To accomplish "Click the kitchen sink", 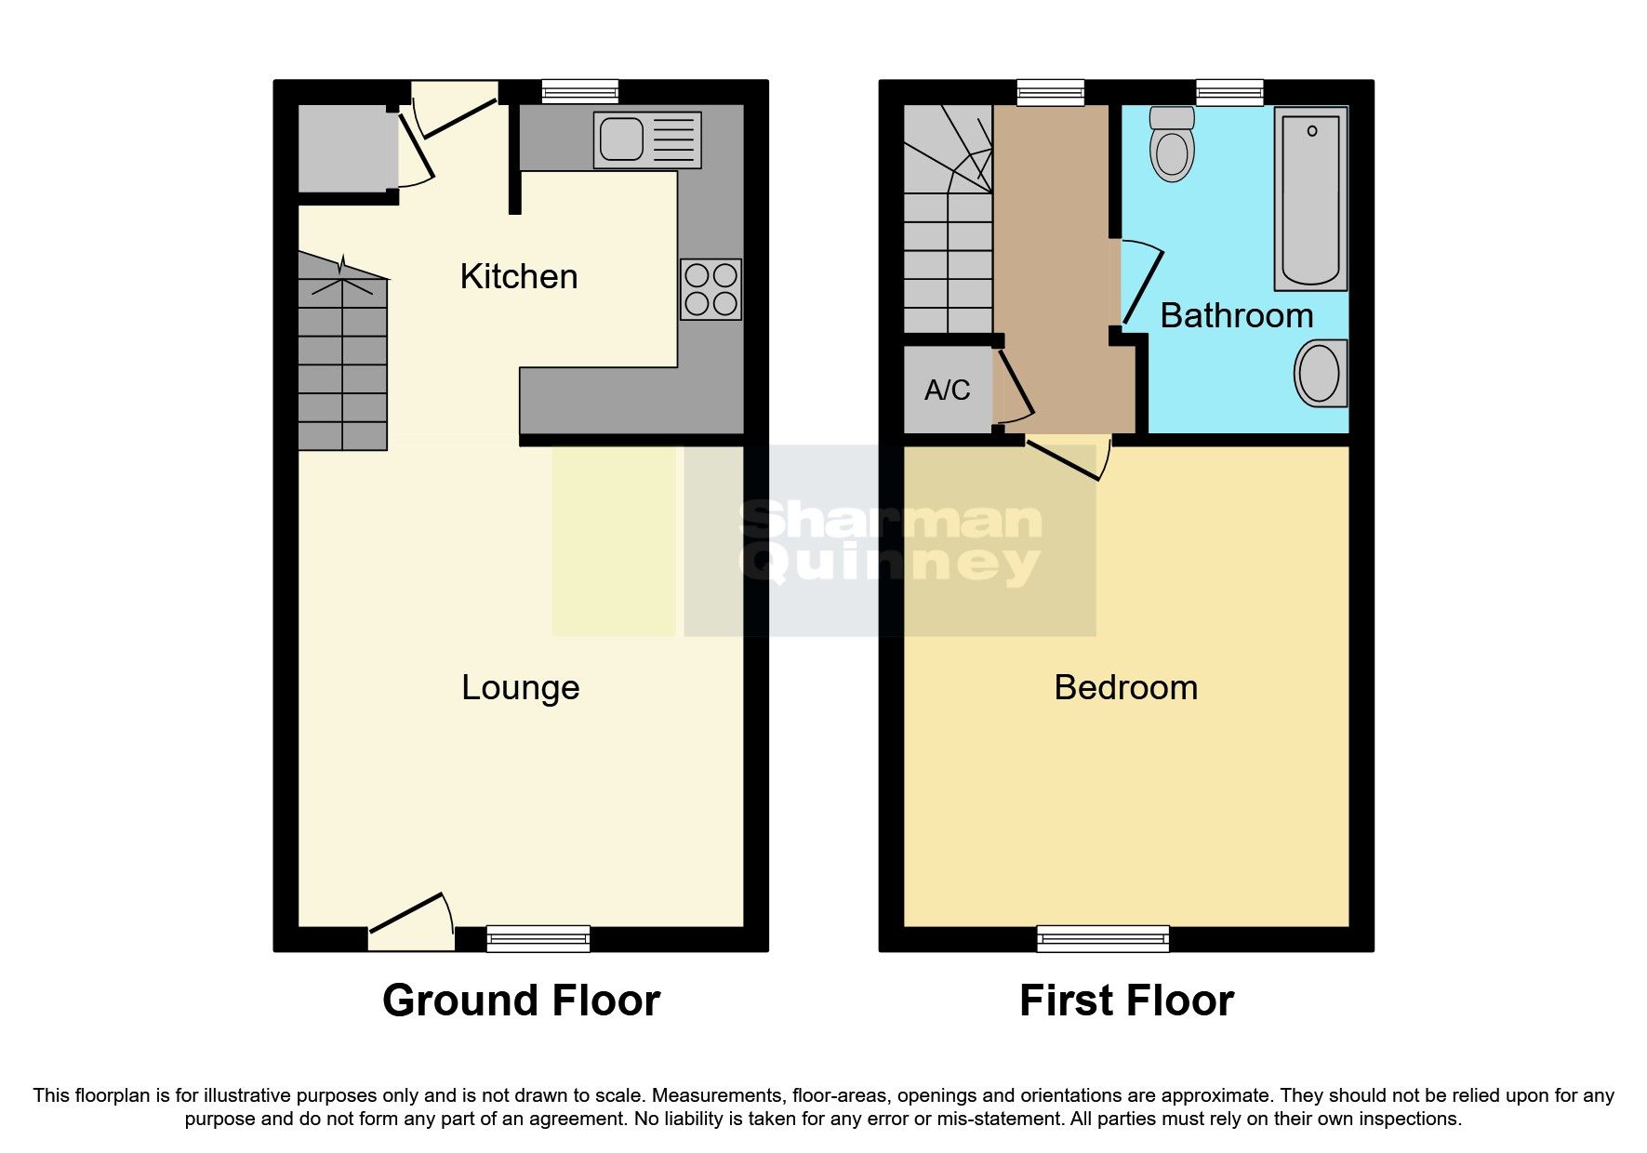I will coord(647,140).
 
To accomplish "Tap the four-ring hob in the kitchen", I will coord(711,289).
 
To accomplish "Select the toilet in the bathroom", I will coord(1172,145).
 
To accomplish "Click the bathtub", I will coord(1311,198).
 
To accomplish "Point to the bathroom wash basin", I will coord(1321,373).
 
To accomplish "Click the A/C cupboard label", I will coord(947,391).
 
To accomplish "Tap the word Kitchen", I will coord(519,277).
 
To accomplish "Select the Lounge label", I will coord(521,688).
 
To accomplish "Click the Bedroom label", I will coord(1125,688).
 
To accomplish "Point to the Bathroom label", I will coord(1236,316).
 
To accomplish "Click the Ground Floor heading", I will coord(521,1001).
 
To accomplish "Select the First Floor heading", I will coord(1126,1001).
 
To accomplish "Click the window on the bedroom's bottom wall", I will coord(1103,938).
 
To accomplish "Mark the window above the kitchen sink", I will coord(579,91).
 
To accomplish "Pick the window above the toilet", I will coord(1229,91).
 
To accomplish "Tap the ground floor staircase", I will coord(342,363).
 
